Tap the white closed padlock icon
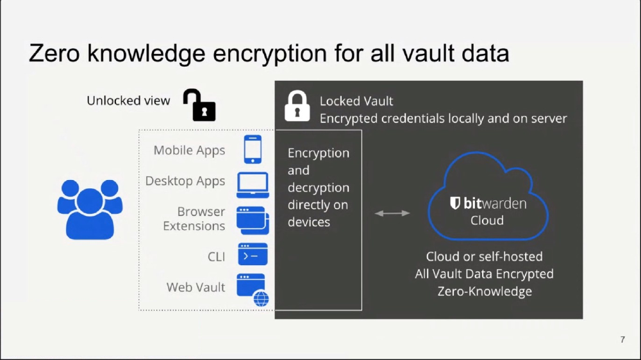coord(297,106)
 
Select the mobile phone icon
coord(253,149)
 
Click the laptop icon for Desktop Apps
coord(253,185)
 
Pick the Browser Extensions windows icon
coord(253,220)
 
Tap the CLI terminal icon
coord(253,254)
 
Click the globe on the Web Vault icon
coord(262,299)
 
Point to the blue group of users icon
coord(90,209)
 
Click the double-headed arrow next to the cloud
coord(392,213)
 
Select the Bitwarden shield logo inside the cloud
coord(455,203)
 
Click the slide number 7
coord(622,340)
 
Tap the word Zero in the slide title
coord(54,53)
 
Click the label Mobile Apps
coord(189,151)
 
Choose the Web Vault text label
coord(196,287)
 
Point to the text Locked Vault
coord(356,101)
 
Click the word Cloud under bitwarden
coord(487,220)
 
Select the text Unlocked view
coord(128,101)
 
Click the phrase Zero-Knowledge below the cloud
coord(485,291)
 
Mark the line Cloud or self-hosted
coord(485,257)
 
